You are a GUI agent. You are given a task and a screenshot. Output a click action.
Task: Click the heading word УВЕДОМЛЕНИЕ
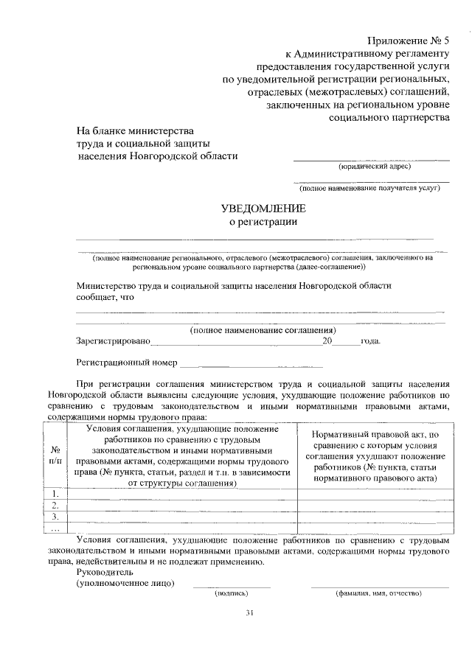[x=263, y=210]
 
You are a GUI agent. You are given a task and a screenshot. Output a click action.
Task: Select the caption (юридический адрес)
[x=374, y=167]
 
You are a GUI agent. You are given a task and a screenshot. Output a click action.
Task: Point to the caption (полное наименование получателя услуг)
[x=371, y=188]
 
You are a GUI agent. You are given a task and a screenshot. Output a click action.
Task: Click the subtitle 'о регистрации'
[x=263, y=223]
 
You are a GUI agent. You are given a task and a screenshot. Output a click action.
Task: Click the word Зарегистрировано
[x=113, y=342]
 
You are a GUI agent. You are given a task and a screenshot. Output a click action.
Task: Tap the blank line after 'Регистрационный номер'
[x=251, y=363]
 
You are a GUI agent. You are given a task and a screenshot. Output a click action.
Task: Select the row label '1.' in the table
[x=55, y=493]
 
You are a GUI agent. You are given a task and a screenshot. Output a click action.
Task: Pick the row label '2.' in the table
[x=55, y=505]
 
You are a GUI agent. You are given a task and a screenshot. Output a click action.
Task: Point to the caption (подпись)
[x=232, y=593]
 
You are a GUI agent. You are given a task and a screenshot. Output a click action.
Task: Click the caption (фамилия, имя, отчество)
[x=378, y=593]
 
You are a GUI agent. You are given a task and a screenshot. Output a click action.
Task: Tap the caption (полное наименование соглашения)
[x=263, y=329]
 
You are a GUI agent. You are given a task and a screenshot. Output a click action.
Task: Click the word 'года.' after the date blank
[x=370, y=342]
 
